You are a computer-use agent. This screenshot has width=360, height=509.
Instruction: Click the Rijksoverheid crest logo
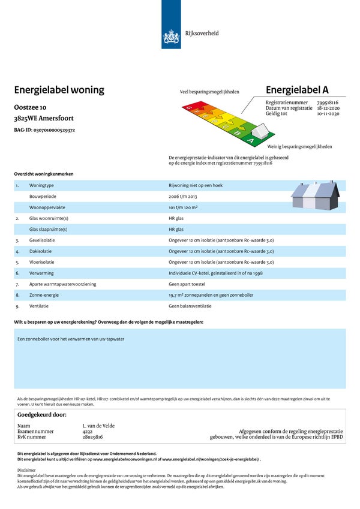click(x=171, y=38)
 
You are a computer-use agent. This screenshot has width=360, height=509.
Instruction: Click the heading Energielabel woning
click(x=59, y=90)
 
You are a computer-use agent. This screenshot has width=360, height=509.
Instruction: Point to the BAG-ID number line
click(x=44, y=129)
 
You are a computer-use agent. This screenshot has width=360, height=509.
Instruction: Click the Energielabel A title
click(x=297, y=90)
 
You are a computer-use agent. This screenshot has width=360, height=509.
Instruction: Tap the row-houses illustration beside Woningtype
click(x=315, y=195)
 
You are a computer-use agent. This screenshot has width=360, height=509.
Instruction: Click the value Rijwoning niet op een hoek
click(x=196, y=186)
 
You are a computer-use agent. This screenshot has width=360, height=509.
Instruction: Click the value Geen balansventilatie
click(x=190, y=306)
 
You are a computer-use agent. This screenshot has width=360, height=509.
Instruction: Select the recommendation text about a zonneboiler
click(x=71, y=339)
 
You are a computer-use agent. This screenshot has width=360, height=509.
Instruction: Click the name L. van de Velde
click(x=98, y=426)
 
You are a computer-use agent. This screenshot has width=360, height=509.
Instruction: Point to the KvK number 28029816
click(x=93, y=437)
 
